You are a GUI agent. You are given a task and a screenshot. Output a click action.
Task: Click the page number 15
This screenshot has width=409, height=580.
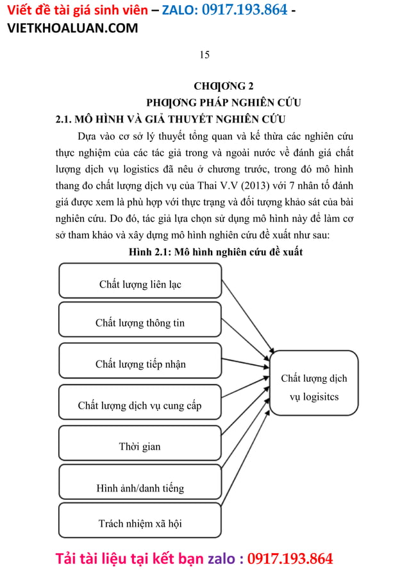pos(204,55)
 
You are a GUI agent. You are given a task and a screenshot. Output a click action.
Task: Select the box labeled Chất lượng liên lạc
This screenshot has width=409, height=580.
pos(140,284)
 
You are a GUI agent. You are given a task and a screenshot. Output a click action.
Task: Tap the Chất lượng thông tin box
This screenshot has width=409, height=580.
pos(140,323)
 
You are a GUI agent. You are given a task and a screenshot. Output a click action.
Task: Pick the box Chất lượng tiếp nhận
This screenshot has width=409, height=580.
pos(140,364)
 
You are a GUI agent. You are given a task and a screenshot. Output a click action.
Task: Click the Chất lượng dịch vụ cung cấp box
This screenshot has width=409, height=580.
pos(140,405)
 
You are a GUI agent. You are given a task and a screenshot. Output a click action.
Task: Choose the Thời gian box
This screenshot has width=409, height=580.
pos(140,446)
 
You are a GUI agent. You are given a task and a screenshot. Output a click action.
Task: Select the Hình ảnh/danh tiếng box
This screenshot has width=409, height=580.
pos(140,488)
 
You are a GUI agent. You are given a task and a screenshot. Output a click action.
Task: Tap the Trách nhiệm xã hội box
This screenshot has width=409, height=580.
pos(140,523)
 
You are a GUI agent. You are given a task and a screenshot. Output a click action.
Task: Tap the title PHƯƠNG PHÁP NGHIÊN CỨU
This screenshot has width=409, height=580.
pos(224,103)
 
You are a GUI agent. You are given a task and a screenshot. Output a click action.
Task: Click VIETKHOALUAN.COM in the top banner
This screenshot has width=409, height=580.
pos(72,28)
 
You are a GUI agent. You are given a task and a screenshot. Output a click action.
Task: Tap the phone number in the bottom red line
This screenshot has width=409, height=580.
pos(290,558)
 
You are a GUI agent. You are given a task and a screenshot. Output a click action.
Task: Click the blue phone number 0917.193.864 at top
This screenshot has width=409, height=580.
pos(244,10)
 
